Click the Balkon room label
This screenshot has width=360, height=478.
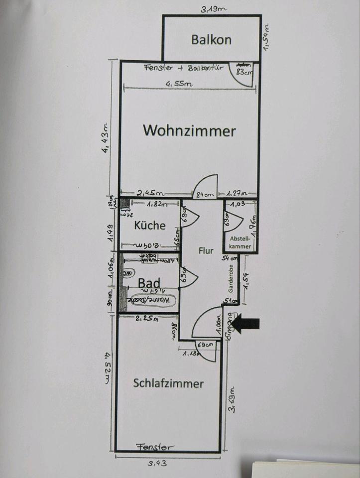tap(212, 40)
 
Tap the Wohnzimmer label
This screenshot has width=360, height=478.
tap(189, 131)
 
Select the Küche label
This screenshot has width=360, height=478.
tap(150, 225)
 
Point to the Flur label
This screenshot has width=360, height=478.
tap(206, 250)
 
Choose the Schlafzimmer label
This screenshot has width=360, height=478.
tap(168, 383)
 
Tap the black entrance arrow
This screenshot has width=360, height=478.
tap(246, 324)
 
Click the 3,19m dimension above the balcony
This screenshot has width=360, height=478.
tap(212, 8)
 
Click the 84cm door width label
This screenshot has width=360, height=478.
tap(205, 194)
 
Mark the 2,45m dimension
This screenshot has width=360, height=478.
tap(150, 193)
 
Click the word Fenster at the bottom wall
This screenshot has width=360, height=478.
tap(156, 447)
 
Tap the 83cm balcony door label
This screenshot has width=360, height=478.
tap(243, 72)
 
